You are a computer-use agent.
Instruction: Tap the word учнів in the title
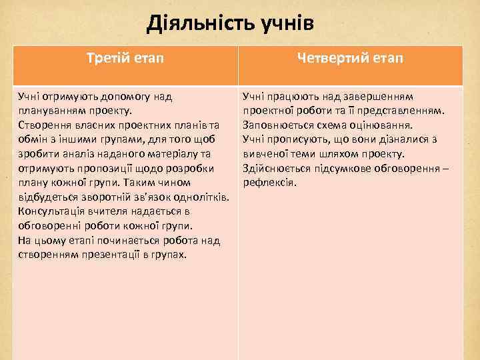click(x=282, y=25)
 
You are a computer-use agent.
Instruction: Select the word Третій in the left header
click(x=109, y=59)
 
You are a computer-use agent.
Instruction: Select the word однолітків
click(x=198, y=197)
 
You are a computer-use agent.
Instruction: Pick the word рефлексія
click(x=269, y=183)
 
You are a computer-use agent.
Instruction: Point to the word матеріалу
click(x=174, y=153)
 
